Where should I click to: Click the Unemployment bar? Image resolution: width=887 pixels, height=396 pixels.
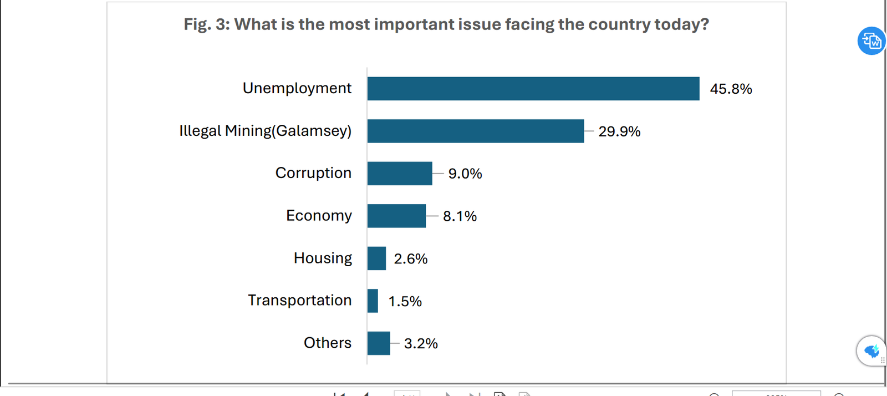coord(533,89)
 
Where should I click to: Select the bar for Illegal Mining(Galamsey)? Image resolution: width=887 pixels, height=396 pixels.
coord(475,131)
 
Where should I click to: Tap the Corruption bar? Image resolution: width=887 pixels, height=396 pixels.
coord(399,174)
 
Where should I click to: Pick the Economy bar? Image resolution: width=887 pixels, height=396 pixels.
coord(396,216)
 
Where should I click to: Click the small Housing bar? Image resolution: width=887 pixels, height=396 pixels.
coord(376,258)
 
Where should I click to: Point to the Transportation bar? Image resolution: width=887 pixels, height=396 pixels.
coord(373,301)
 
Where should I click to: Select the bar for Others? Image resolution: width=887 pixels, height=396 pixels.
coord(379,343)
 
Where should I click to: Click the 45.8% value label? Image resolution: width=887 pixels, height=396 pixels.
coord(731,89)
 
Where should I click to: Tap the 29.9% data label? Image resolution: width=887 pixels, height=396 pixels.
coord(619,131)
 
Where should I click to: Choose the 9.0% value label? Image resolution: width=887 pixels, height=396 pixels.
coord(465,174)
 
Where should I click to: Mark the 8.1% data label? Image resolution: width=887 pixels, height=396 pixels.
coord(460,216)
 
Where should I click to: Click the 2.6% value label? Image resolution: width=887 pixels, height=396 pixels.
coord(410,259)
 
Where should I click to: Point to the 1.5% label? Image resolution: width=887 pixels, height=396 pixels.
coord(405,302)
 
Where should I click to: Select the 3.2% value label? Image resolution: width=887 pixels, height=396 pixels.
coord(421,344)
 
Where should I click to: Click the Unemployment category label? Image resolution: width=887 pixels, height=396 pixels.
coord(297,88)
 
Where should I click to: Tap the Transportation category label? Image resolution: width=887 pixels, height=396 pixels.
coord(299,300)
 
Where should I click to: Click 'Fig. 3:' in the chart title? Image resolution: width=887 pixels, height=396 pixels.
coord(206,24)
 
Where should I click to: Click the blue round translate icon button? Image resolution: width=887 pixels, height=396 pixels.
coord(871,41)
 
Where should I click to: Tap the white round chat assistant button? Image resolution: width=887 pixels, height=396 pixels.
coord(871,351)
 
